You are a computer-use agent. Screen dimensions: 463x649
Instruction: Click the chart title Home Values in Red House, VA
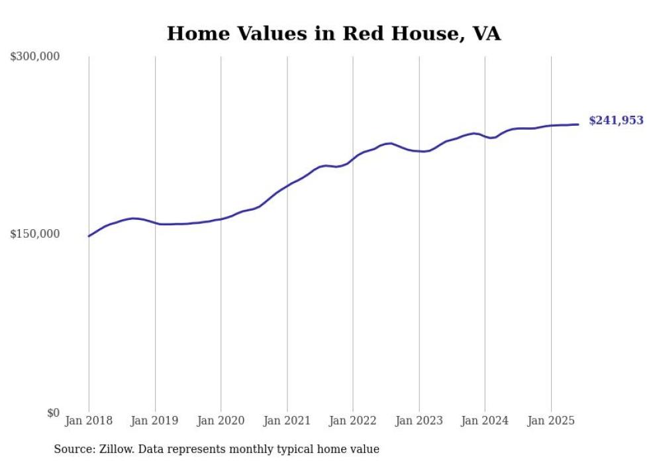333,34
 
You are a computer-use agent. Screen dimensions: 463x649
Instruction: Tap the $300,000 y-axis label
35,57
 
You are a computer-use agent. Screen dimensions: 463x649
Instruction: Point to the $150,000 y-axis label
35,234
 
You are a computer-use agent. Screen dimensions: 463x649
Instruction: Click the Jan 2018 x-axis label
89,421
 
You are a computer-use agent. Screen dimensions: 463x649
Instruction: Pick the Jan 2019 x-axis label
155,421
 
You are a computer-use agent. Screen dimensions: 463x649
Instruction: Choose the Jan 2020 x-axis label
221,421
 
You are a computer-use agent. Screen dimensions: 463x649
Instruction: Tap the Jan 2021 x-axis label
287,421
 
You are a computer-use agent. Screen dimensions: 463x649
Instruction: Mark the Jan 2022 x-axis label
353,421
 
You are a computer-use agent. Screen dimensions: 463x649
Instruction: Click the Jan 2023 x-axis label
419,421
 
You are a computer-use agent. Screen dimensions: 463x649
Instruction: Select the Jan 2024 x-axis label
485,421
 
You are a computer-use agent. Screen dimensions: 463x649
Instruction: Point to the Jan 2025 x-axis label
551,421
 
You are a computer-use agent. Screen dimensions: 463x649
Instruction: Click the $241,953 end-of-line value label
616,121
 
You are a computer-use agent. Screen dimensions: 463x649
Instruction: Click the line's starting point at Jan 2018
89,236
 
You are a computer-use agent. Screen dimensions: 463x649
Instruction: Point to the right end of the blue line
578,125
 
